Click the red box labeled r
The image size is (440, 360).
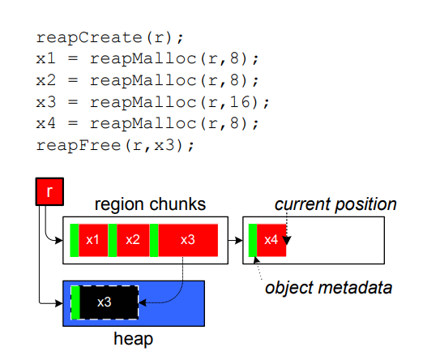[49, 191]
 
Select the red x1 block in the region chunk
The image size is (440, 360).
[93, 240]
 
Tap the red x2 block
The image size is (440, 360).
[133, 240]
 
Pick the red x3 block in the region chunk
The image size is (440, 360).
[188, 240]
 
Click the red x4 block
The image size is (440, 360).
[271, 240]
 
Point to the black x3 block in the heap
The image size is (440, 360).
[109, 302]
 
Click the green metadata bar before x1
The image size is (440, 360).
[75, 240]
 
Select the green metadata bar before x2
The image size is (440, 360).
[113, 240]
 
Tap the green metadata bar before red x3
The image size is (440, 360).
[154, 240]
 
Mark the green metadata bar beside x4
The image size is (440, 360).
[253, 240]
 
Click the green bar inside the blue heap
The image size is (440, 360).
[75, 302]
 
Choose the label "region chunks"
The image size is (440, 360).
[150, 204]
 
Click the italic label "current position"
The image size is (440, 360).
[335, 204]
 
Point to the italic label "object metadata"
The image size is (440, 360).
[329, 288]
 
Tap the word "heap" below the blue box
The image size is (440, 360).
[133, 339]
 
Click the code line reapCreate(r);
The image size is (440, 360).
[109, 37]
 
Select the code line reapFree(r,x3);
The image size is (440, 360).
[115, 145]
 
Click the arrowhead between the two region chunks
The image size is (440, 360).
[239, 240]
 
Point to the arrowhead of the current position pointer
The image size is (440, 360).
[287, 241]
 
